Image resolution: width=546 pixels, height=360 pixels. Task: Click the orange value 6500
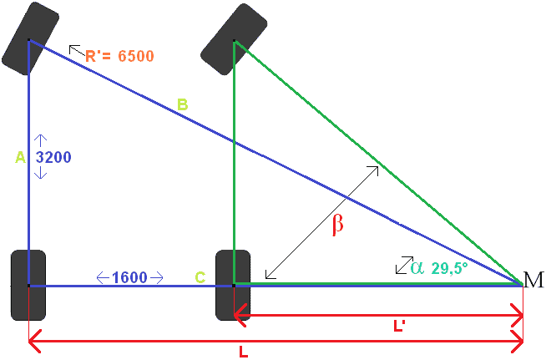136,56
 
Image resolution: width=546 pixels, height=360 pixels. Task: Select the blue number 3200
53,157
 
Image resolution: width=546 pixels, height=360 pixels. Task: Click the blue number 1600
129,277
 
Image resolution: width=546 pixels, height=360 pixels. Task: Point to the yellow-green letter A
21,158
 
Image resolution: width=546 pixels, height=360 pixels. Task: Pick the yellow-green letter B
183,104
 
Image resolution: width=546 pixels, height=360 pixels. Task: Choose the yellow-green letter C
200,277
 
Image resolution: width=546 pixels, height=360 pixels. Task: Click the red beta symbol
338,225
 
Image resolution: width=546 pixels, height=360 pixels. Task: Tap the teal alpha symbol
417,268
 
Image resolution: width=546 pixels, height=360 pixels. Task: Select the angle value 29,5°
449,268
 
